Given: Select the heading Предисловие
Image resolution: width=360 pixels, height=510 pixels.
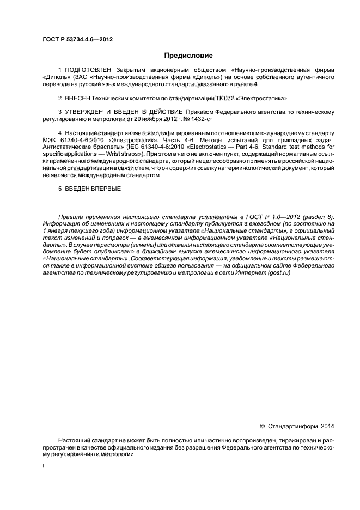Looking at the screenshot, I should coord(188,56).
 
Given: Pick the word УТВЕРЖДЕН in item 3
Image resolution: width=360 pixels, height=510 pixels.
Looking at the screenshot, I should coord(85,112).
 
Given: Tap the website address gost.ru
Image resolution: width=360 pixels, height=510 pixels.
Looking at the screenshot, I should coord(278,272).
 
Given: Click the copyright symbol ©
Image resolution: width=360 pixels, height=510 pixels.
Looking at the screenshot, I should coord(263,426).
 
